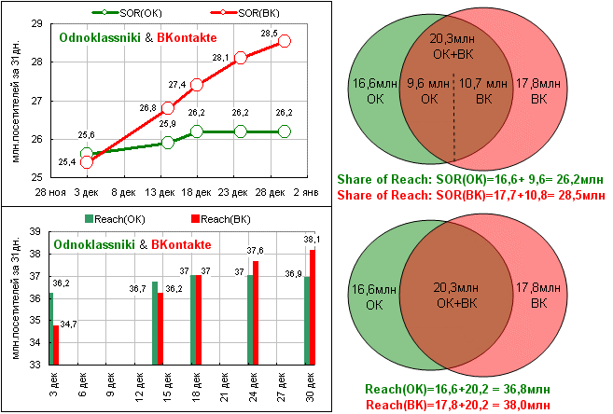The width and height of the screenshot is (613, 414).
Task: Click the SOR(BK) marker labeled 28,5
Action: (285, 41)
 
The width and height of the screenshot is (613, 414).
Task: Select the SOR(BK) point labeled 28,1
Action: (241, 57)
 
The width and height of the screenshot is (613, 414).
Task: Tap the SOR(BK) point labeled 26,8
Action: (168, 107)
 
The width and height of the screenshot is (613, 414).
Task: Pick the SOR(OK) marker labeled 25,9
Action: (168, 143)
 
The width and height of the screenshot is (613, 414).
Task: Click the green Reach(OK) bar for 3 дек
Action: (50, 328)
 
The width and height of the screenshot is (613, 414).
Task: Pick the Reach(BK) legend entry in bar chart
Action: (216, 219)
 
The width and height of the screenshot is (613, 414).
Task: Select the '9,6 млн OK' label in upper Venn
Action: (429, 91)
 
